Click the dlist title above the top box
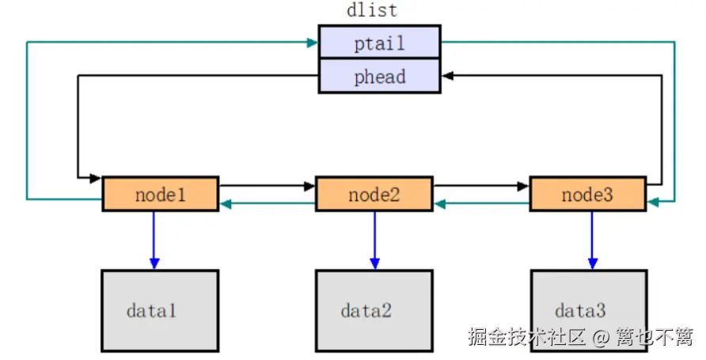(x=372, y=11)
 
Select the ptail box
(x=379, y=42)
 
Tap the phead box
(x=379, y=77)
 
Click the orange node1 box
(x=160, y=194)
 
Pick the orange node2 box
(x=374, y=194)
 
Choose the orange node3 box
(x=587, y=194)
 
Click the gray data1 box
(x=159, y=310)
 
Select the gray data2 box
(x=374, y=310)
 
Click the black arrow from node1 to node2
(x=267, y=187)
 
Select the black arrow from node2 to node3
(x=481, y=187)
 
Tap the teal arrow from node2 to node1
(x=267, y=204)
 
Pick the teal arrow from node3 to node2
(x=481, y=204)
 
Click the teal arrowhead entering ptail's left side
(x=313, y=42)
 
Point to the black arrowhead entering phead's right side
(x=446, y=76)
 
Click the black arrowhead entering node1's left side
(x=97, y=176)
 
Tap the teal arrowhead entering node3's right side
(x=653, y=203)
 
